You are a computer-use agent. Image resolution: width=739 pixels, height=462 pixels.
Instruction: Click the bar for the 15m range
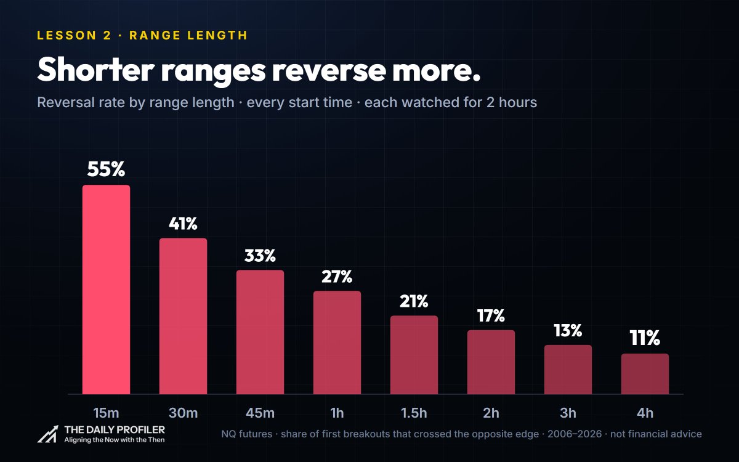coord(106,290)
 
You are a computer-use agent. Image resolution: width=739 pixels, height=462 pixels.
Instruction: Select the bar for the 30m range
coord(183,316)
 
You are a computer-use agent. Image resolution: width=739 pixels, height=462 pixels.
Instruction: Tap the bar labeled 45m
coord(260,332)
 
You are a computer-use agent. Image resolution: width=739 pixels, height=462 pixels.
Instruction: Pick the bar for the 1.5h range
coord(414,355)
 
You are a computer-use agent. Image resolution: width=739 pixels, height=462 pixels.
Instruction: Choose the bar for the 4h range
coord(645,374)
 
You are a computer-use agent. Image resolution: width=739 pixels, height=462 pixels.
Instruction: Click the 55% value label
coord(106,169)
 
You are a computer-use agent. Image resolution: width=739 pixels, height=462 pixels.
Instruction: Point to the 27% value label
coord(337,277)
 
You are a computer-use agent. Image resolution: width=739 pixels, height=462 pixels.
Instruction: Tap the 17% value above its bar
coord(491,316)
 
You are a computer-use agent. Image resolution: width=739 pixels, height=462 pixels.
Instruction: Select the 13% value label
coord(568,331)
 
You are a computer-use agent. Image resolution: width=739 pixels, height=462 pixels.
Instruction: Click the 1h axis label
coord(337,413)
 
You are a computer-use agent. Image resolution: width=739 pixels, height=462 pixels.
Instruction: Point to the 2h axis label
coord(491,413)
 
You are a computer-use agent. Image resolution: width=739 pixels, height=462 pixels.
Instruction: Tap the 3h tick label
coord(568,413)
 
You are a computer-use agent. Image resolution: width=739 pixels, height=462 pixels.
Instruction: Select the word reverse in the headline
coord(329,70)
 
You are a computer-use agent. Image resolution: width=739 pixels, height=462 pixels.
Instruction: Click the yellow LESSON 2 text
coord(75,35)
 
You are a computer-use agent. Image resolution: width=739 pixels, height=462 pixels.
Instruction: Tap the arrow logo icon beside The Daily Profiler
coord(48,434)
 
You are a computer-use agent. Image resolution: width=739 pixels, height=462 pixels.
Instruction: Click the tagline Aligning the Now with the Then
coord(114,440)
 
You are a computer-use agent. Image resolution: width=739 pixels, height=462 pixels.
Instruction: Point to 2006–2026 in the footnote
coord(575,434)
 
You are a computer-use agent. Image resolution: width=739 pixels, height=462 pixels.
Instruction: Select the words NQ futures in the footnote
coord(246,434)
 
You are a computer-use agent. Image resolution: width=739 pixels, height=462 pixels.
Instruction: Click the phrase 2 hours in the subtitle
coord(512,102)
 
